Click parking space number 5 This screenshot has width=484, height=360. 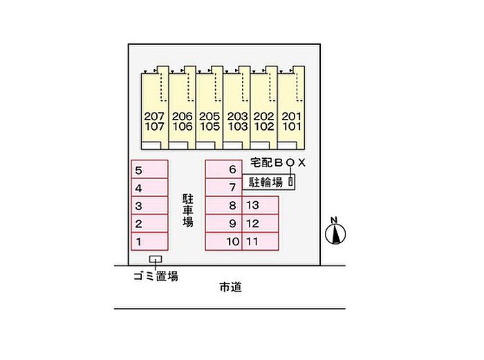pyautogui.click(x=149, y=170)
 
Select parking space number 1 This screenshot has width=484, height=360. pyautogui.click(x=149, y=242)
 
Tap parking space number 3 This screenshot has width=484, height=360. pyautogui.click(x=149, y=206)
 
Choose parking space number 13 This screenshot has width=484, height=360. pyautogui.click(x=260, y=205)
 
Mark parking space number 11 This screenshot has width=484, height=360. pyautogui.click(x=260, y=242)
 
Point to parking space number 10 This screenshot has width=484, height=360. pyautogui.click(x=223, y=242)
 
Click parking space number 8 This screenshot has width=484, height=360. pyautogui.click(x=223, y=205)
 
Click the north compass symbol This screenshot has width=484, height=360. pyautogui.click(x=335, y=233)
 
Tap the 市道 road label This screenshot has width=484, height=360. pyautogui.click(x=230, y=287)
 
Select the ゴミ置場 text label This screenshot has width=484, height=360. pyautogui.click(x=156, y=276)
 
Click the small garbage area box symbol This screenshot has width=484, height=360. pyautogui.click(x=157, y=260)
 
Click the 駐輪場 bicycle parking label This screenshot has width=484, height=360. pyautogui.click(x=266, y=182)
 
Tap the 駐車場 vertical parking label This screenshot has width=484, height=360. pyautogui.click(x=187, y=210)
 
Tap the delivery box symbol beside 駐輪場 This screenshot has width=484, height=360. pyautogui.click(x=291, y=182)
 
